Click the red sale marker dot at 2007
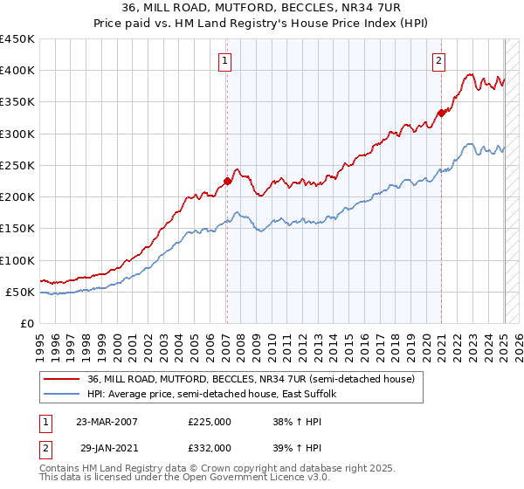click(227, 181)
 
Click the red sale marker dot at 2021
click(442, 112)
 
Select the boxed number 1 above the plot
click(225, 60)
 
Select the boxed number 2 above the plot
click(438, 60)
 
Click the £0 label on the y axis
click(27, 323)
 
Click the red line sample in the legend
click(61, 378)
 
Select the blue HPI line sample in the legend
click(61, 394)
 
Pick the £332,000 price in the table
click(210, 447)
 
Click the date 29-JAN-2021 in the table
click(107, 447)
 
